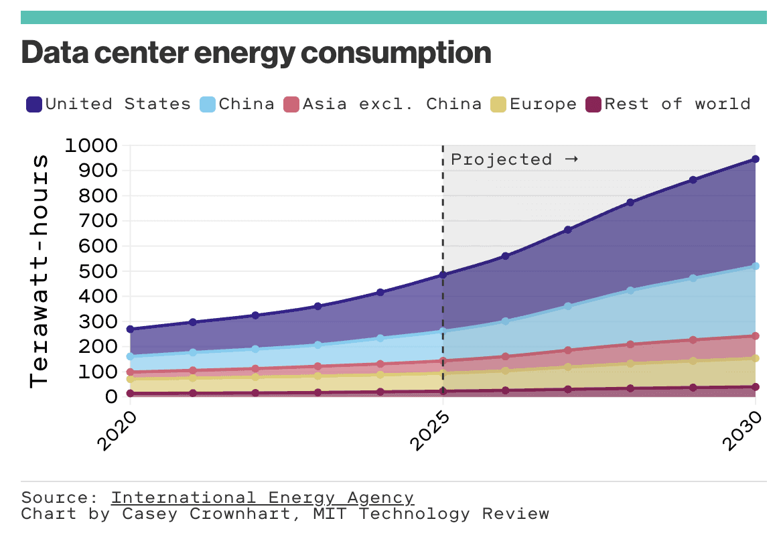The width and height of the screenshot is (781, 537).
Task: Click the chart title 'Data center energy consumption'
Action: click(x=256, y=53)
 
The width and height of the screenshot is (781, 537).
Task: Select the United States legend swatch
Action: click(x=35, y=104)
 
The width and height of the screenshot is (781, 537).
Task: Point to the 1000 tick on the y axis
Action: click(x=91, y=145)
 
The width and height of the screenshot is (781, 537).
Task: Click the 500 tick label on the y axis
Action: click(x=100, y=271)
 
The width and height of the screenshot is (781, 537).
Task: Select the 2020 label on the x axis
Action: click(x=119, y=430)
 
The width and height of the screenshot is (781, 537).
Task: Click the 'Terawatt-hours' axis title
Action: click(x=40, y=271)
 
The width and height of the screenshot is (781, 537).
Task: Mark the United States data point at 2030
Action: click(x=756, y=159)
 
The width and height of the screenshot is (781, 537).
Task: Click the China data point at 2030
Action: click(x=756, y=266)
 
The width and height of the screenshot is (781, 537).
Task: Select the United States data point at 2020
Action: click(x=130, y=329)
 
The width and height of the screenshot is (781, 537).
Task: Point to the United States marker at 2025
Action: click(x=443, y=275)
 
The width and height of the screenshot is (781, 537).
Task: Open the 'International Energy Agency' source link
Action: click(x=263, y=498)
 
